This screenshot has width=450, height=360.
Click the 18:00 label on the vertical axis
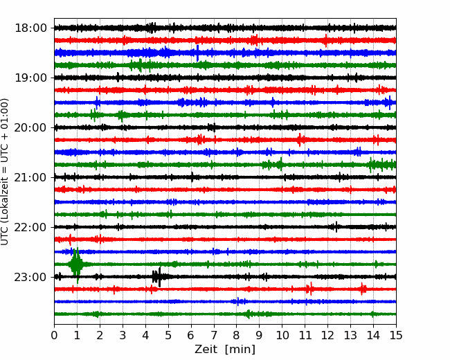click(30, 28)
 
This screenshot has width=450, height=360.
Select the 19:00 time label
click(30, 78)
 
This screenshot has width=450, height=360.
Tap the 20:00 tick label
click(30, 127)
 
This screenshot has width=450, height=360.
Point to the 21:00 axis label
click(30, 177)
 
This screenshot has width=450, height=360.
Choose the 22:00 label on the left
click(30, 227)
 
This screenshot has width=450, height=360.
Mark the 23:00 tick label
click(30, 277)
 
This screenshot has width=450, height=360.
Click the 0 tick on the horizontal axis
click(55, 336)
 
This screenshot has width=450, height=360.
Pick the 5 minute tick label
click(168, 336)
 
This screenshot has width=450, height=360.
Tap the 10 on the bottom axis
click(282, 336)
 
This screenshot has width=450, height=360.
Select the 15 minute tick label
click(395, 336)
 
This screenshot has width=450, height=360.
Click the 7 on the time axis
click(214, 336)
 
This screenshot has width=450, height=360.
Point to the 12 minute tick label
click(327, 336)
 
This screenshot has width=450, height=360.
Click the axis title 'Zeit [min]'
click(225, 350)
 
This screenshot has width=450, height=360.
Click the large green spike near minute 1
click(76, 264)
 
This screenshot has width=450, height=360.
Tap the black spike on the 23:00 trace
click(159, 276)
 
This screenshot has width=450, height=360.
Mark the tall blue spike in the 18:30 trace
click(197, 53)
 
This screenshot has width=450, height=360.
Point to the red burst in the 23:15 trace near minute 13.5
click(363, 289)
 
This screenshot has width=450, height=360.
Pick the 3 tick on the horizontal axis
click(123, 336)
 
